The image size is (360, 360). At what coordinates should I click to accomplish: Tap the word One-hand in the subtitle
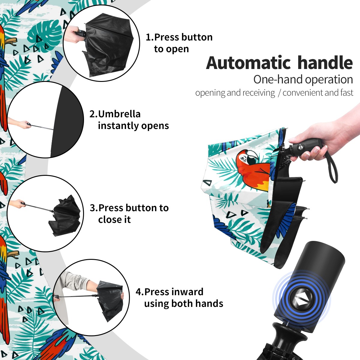(x=278, y=79)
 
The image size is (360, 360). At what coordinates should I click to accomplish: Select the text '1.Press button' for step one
(x=179, y=37)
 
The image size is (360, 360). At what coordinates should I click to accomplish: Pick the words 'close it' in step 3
(x=114, y=219)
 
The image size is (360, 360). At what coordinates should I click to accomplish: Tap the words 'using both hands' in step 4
(x=184, y=303)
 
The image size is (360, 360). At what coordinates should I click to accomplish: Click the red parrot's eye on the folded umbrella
(x=243, y=158)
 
